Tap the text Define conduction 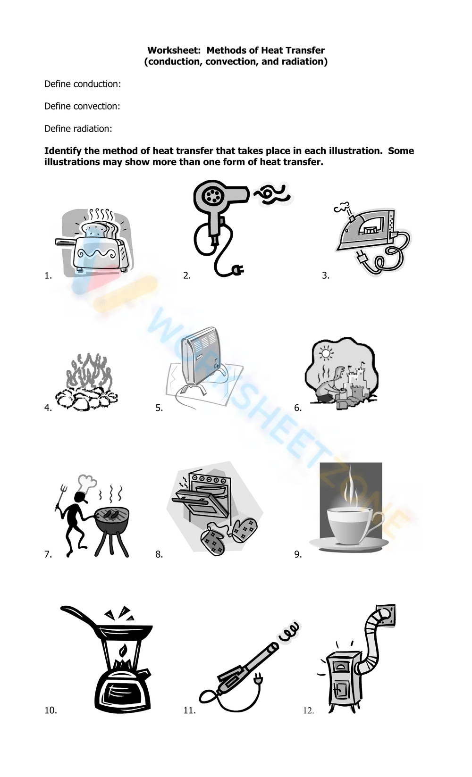coord(82,84)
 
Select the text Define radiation coord(78,129)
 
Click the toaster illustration coord(94,243)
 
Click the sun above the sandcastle coord(326,354)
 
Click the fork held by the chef coord(59,497)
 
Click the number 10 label coord(51,710)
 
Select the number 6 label coord(298,408)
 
